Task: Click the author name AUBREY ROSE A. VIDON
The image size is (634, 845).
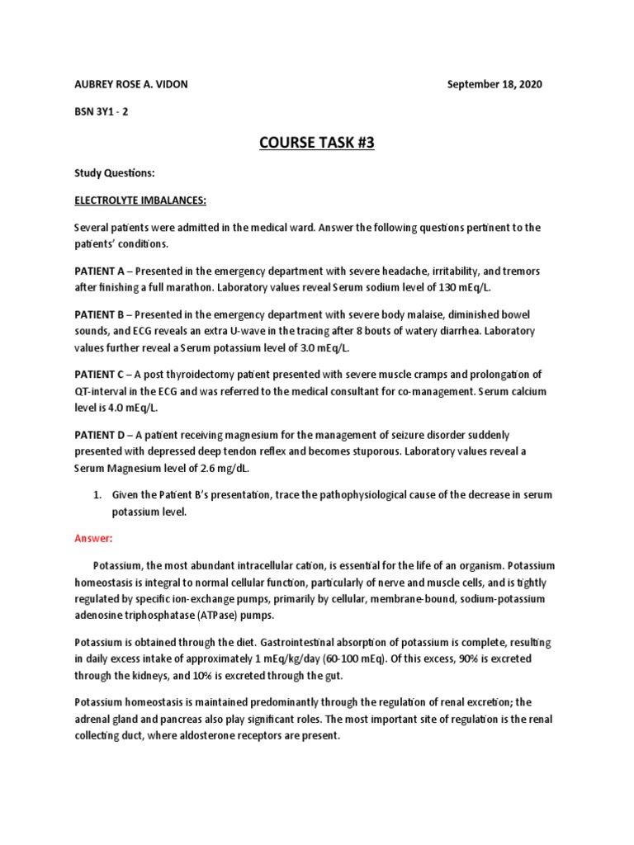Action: [131, 85]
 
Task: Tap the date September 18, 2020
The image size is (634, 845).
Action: [494, 85]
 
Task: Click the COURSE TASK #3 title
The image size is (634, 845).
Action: [317, 143]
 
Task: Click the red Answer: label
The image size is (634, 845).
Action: [93, 538]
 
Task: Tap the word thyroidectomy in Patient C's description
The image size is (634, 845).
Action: [197, 374]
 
